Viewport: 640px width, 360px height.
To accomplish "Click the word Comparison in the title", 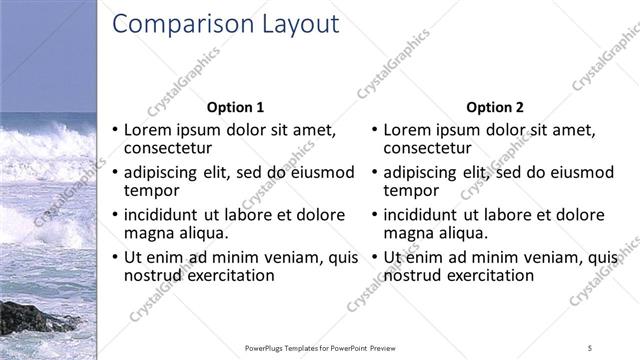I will pos(174,25).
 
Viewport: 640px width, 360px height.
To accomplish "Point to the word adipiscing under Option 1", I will pos(163,172).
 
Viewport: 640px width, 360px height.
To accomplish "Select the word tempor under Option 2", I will pos(405,190).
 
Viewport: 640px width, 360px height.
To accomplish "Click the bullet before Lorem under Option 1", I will pos(115,130).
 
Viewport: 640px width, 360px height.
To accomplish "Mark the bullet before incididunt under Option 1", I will pos(115,215).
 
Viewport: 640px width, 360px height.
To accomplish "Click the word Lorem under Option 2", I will pos(407,130).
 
